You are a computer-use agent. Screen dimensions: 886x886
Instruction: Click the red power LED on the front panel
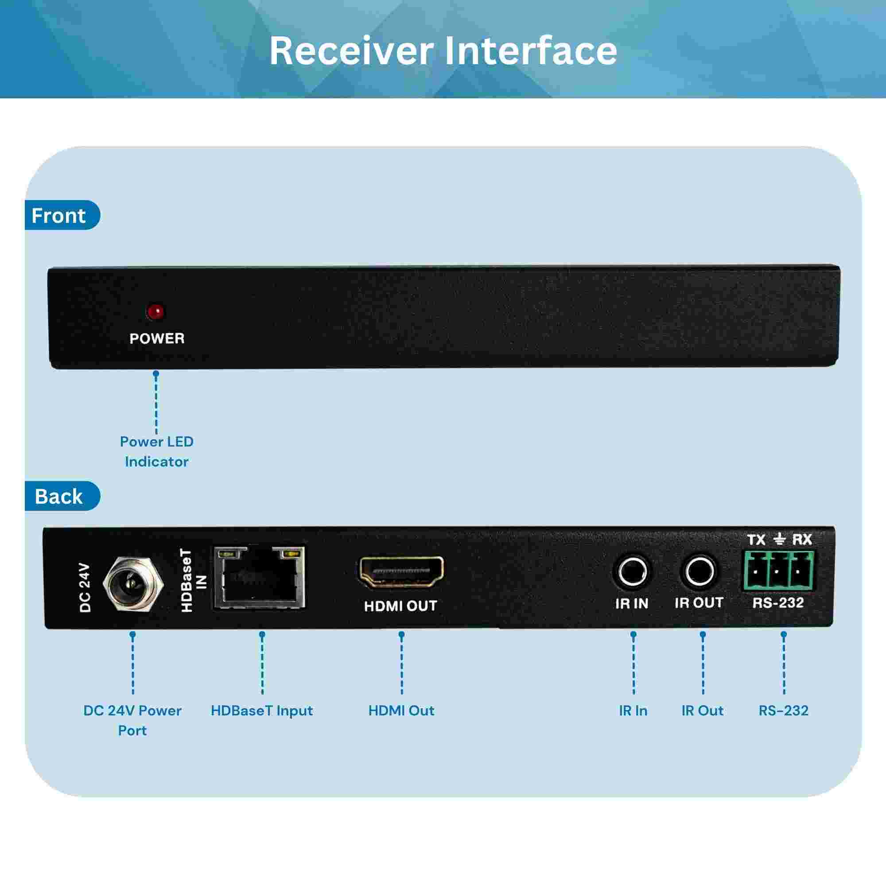[156, 312]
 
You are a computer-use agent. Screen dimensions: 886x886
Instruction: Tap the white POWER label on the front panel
[157, 338]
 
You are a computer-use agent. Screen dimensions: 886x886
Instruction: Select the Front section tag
[62, 215]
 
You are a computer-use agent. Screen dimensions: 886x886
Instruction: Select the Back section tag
[62, 496]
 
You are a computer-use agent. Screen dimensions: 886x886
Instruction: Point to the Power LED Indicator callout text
[156, 451]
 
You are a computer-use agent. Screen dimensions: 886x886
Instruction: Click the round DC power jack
[133, 583]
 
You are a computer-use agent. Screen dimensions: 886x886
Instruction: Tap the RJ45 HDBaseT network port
[260, 577]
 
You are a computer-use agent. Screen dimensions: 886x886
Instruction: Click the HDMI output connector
[401, 571]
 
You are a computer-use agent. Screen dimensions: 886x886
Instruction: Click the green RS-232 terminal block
[779, 571]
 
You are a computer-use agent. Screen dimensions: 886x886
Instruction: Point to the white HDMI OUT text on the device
[400, 606]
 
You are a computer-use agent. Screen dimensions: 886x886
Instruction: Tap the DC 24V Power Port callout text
[132, 720]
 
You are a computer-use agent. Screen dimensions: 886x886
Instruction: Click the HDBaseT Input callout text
[262, 711]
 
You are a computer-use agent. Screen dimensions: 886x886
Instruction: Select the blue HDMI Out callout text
[401, 711]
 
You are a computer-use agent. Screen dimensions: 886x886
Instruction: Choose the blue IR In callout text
[633, 711]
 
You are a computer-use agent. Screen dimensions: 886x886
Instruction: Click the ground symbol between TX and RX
[780, 539]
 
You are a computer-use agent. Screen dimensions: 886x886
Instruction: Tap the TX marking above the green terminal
[757, 540]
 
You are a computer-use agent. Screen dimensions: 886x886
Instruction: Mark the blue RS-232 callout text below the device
[784, 711]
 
